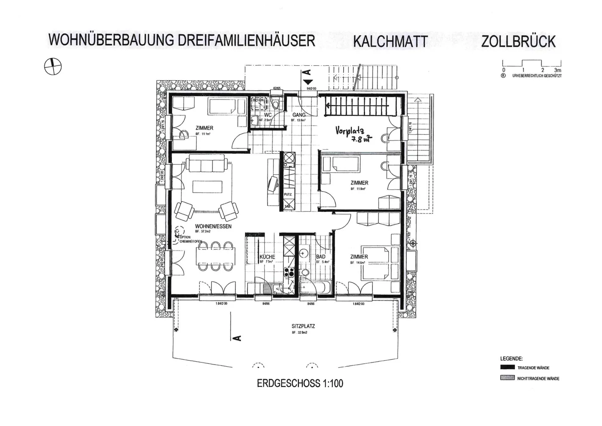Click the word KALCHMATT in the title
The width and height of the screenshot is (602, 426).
[x=390, y=41]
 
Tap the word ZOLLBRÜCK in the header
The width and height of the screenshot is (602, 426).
[x=518, y=41]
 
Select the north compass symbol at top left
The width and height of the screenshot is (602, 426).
[x=53, y=65]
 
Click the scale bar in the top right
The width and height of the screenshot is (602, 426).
[x=531, y=64]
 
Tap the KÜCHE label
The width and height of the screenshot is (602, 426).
[x=267, y=257]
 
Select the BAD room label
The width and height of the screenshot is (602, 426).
[x=321, y=257]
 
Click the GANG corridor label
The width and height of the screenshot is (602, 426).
[x=299, y=115]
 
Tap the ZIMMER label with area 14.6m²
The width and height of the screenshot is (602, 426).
[x=359, y=257]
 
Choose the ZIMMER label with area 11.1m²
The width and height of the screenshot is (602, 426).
[x=204, y=128]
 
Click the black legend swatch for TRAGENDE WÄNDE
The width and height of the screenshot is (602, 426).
[x=507, y=367]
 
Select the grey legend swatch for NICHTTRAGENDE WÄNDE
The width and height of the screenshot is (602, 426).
[x=507, y=378]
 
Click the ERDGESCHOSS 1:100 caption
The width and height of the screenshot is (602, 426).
[x=300, y=383]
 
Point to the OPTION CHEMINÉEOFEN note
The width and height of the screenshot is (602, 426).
[x=190, y=239]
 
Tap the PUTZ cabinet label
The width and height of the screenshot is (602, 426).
[x=288, y=195]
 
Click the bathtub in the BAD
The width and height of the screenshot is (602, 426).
[x=316, y=288]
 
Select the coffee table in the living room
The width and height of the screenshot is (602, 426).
[x=208, y=186]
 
